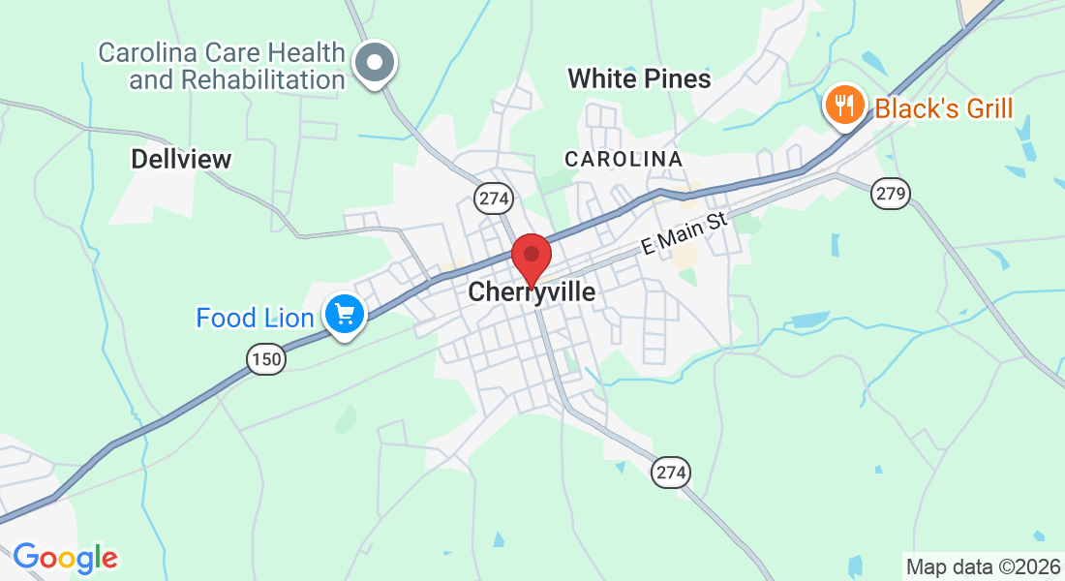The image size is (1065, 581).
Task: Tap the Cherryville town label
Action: click(532, 291)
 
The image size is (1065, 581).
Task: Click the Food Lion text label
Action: click(255, 318)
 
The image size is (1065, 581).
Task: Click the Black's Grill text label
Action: click(943, 107)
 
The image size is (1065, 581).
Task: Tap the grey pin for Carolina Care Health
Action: click(375, 64)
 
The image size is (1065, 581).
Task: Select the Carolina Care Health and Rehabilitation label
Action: click(223, 65)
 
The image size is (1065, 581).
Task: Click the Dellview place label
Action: click(182, 159)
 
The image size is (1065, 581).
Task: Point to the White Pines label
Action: click(639, 78)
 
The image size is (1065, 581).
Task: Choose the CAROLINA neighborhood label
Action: click(624, 158)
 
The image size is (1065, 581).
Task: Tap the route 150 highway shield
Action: click(265, 360)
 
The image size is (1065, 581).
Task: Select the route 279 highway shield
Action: click(890, 193)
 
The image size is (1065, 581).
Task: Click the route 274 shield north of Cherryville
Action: click(493, 199)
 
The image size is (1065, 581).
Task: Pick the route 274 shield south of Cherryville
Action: click(671, 472)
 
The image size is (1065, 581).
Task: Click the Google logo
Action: click(65, 558)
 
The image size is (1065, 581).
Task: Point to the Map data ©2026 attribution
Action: click(983, 566)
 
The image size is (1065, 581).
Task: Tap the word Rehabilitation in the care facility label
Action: click(237, 79)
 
